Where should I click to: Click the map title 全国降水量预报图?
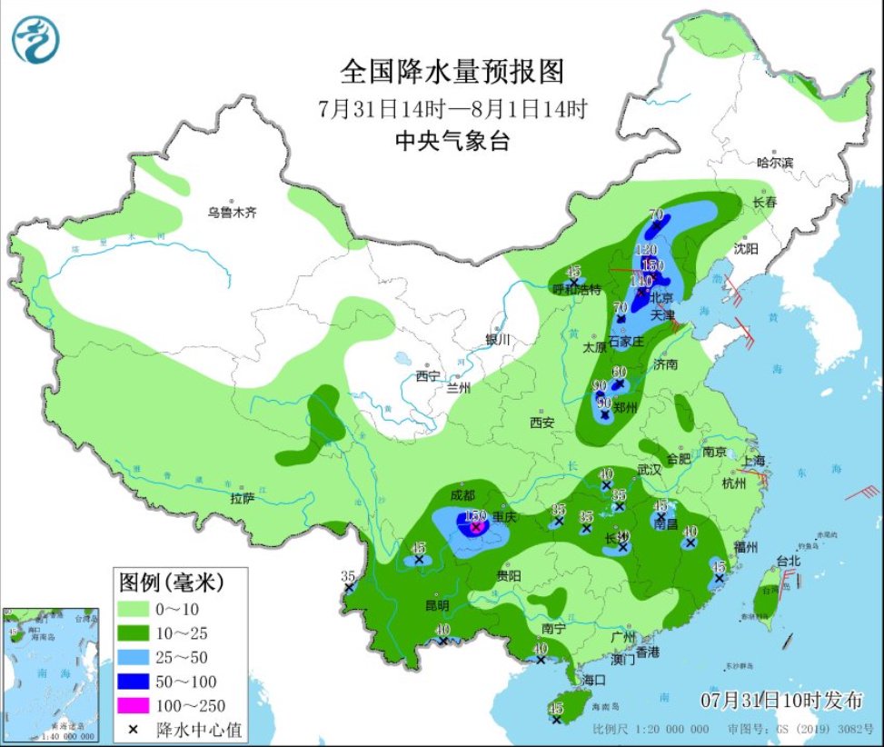point(452,71)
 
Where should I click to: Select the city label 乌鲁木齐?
point(232,213)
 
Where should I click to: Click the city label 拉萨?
point(242,498)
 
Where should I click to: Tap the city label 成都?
point(462,495)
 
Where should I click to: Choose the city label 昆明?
point(436,604)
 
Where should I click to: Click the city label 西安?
point(541,422)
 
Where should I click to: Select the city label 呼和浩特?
point(578,289)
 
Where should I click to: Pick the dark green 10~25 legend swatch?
point(133,632)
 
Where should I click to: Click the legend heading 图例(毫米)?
point(169,580)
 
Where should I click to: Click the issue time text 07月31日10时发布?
point(782,700)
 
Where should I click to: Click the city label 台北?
point(789,561)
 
